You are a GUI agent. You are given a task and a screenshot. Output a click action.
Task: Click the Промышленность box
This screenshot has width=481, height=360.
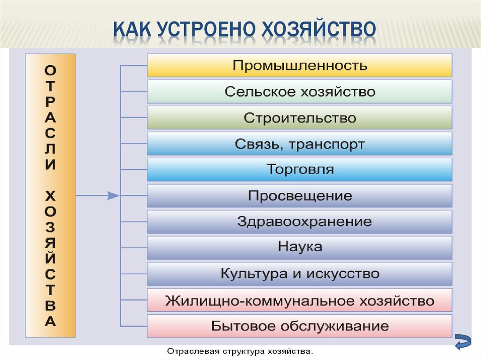coord(300,65)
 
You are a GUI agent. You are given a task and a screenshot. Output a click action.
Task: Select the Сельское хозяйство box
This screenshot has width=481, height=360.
coord(300,92)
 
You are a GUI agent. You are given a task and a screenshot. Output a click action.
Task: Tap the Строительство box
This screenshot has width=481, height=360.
coord(300,117)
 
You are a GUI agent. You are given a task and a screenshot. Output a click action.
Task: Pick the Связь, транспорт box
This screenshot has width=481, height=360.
coord(300,144)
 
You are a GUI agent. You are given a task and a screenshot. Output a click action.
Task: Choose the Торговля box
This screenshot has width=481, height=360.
coord(300,169)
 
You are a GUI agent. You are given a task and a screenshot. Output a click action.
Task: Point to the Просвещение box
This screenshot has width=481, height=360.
coord(300,196)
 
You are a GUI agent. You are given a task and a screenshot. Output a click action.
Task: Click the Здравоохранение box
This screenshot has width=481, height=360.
coord(300,222)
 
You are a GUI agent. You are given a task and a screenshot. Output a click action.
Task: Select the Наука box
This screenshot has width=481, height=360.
coord(300,247)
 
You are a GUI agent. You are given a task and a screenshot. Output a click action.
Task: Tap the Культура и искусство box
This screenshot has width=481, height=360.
coord(300,274)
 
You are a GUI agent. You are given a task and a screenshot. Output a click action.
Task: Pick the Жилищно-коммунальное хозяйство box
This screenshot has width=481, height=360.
coord(300,300)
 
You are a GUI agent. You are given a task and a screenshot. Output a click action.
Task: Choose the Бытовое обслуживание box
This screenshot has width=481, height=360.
coord(300,326)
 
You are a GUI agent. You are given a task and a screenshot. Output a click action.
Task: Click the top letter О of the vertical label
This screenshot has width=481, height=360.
coord(51,70)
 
